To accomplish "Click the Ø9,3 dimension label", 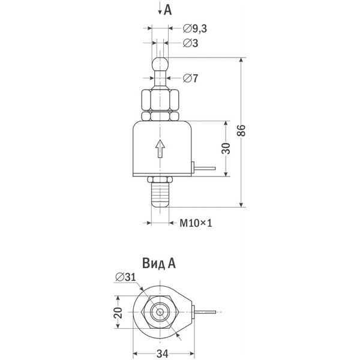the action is pyautogui.click(x=195, y=29).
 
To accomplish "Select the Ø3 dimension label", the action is pyautogui.click(x=190, y=43).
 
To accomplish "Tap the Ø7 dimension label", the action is pyautogui.click(x=190, y=78).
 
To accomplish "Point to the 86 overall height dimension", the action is pyautogui.click(x=241, y=130).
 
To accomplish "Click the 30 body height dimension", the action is pyautogui.click(x=226, y=148).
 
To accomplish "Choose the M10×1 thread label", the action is pyautogui.click(x=196, y=223).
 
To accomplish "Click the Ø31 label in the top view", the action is pyautogui.click(x=125, y=277).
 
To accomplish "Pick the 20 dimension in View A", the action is pyautogui.click(x=118, y=312).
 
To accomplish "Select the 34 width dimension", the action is pyautogui.click(x=163, y=353).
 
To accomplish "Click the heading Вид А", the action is pyautogui.click(x=159, y=263).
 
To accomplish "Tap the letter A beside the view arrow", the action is pyautogui.click(x=168, y=10).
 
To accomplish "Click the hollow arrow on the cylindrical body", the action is pyautogui.click(x=160, y=149).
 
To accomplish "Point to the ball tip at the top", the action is pyautogui.click(x=160, y=64).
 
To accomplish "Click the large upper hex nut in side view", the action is pyautogui.click(x=160, y=100).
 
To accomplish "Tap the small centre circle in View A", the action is pyautogui.click(x=160, y=312).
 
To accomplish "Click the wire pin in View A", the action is pyautogui.click(x=205, y=312).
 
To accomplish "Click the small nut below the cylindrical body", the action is pyautogui.click(x=160, y=179).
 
